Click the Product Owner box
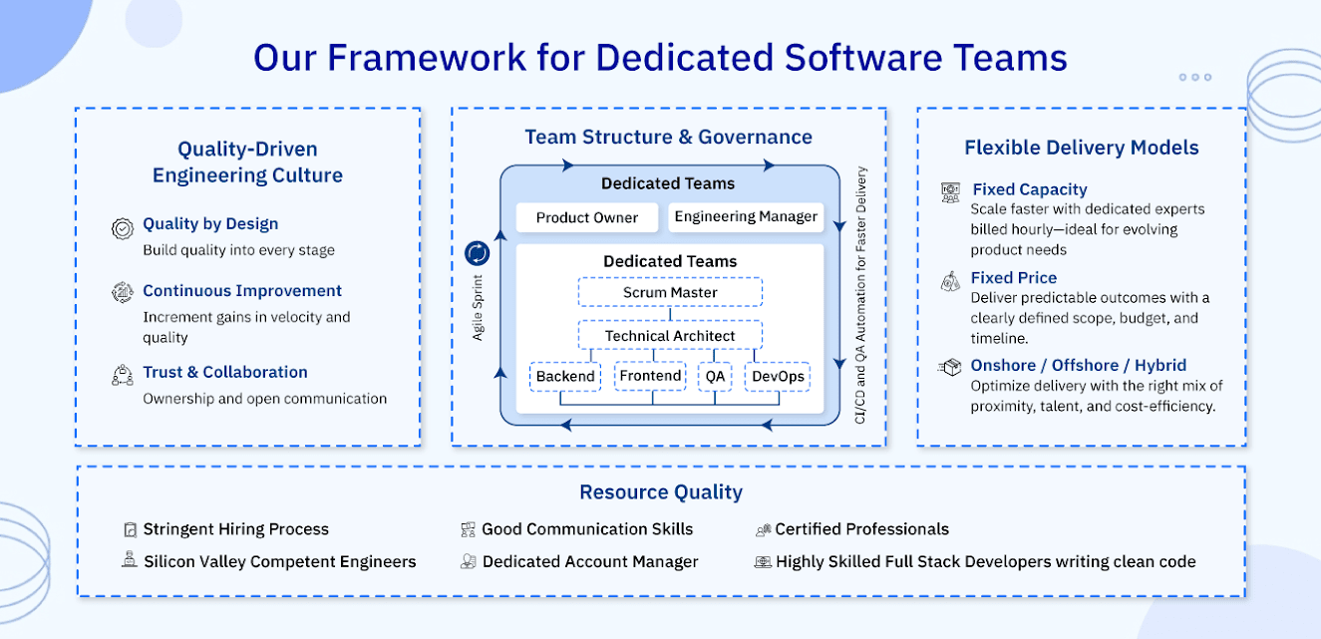(587, 217)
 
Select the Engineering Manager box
(746, 216)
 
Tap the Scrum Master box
(670, 292)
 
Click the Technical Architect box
(670, 336)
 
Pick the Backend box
(565, 377)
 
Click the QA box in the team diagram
(715, 377)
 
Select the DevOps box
(778, 377)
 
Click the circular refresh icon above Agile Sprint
(478, 253)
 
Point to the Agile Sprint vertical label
(478, 307)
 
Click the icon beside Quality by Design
(123, 228)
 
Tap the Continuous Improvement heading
(242, 291)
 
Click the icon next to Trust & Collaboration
(123, 376)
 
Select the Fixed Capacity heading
(1030, 189)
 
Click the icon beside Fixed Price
(950, 282)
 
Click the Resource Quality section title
(661, 492)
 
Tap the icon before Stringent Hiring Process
(129, 530)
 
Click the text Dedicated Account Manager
(590, 562)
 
